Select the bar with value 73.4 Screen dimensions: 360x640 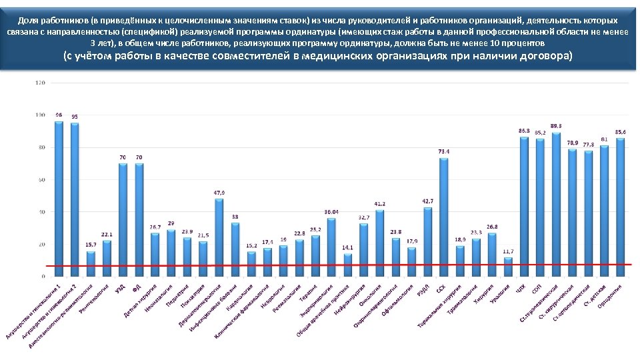pyautogui.click(x=443, y=217)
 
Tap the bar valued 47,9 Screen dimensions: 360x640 pyautogui.click(x=219, y=237)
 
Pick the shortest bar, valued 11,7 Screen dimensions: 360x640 pyautogui.click(x=508, y=267)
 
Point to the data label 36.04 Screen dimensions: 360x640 pyautogui.click(x=331, y=211)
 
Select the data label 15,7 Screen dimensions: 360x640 pyautogui.click(x=91, y=245)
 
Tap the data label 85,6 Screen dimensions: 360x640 pyautogui.click(x=621, y=132)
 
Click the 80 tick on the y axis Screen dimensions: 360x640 pyautogui.click(x=41, y=147)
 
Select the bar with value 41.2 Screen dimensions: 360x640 pyautogui.click(x=379, y=243)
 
